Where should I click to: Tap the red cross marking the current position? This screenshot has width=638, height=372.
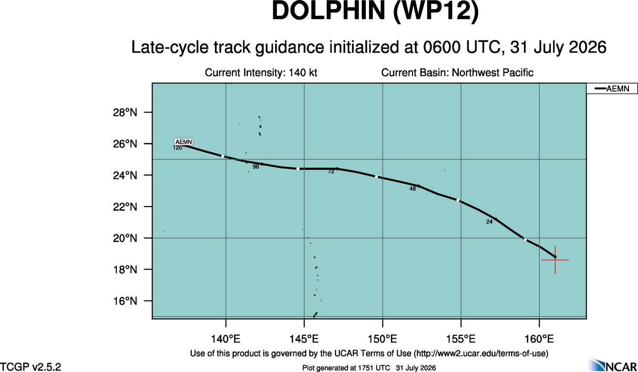(x=555, y=260)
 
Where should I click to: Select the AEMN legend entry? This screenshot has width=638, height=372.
(x=612, y=89)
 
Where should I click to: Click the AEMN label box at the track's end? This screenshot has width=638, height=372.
(x=184, y=142)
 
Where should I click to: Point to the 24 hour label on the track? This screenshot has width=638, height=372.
(x=489, y=222)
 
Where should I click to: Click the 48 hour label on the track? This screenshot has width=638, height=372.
(x=412, y=188)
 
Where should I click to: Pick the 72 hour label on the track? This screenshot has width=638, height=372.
(x=331, y=172)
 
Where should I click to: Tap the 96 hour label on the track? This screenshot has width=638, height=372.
(x=256, y=166)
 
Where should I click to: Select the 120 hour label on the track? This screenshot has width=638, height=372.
(x=177, y=148)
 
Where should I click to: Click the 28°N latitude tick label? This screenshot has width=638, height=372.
(x=125, y=113)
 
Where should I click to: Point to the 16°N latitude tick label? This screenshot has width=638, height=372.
(x=125, y=301)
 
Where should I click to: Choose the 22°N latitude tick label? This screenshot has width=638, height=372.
(x=125, y=207)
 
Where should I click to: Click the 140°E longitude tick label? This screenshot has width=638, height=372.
(x=226, y=339)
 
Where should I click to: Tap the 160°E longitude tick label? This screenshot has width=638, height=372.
(x=539, y=339)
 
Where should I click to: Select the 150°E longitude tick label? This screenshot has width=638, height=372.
(x=382, y=339)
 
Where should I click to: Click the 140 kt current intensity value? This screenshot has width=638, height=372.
(x=303, y=72)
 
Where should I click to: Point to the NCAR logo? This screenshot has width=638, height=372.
(x=612, y=365)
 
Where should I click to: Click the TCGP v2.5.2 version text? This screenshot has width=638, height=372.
(x=30, y=366)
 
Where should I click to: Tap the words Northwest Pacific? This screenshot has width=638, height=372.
(x=493, y=72)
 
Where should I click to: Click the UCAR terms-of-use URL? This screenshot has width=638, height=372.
(x=481, y=353)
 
